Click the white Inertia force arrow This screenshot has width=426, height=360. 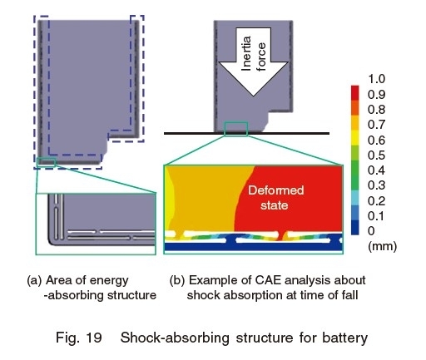click(253, 61)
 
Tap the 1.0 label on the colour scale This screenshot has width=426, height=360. click(376, 79)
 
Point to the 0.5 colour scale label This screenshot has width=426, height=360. click(376, 155)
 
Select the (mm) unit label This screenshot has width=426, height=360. click(382, 246)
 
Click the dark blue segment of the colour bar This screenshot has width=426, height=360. click(354, 228)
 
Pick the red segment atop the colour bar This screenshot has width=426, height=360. click(354, 92)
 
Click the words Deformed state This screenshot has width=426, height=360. click(275, 198)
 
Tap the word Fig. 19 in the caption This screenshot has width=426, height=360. click(79, 338)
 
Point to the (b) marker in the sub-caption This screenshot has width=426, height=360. click(177, 280)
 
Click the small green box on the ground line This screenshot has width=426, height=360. click(236, 129)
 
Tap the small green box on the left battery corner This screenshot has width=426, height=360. click(46, 161)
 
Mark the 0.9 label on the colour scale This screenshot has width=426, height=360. click(376, 95)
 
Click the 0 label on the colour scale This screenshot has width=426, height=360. click(371, 230)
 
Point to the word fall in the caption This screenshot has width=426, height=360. click(350, 294)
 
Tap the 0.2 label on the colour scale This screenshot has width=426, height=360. click(376, 200)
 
